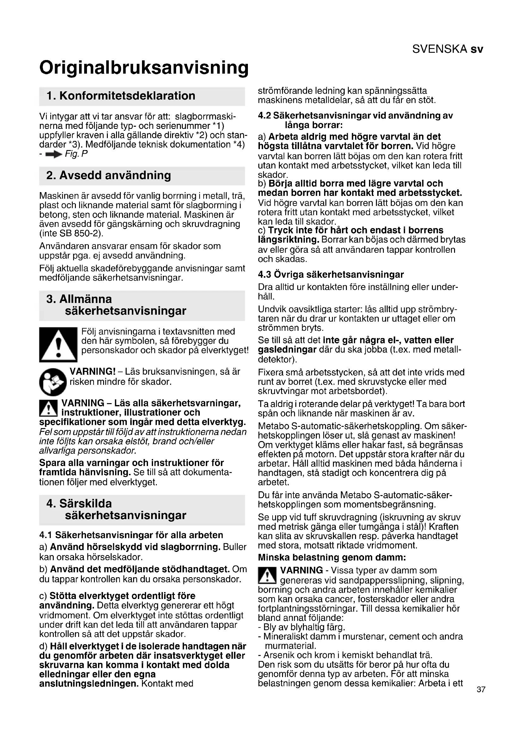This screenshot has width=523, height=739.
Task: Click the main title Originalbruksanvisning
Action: pos(144,68)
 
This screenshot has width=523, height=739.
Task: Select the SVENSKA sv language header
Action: pos(447,49)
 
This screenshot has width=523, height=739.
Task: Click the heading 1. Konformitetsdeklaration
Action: pos(121,96)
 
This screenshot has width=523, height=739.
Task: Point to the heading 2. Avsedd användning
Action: pos(108,175)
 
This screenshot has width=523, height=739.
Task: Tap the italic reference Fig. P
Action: pos(76,154)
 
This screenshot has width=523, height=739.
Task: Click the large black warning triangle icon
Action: pos(58,345)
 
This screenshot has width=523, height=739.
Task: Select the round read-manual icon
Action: pos(53,382)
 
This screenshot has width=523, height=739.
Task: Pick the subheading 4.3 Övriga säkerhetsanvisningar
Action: pos(331,275)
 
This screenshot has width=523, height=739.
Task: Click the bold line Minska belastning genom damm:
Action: pos(332,557)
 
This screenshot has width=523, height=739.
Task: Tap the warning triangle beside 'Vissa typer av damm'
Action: pos(267,575)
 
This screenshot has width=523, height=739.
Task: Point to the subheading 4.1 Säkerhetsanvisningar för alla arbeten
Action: pos(131,535)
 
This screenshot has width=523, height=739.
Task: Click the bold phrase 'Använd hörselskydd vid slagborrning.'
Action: pos(135,547)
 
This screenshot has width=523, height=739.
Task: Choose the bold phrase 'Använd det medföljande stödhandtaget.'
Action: pos(140,569)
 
